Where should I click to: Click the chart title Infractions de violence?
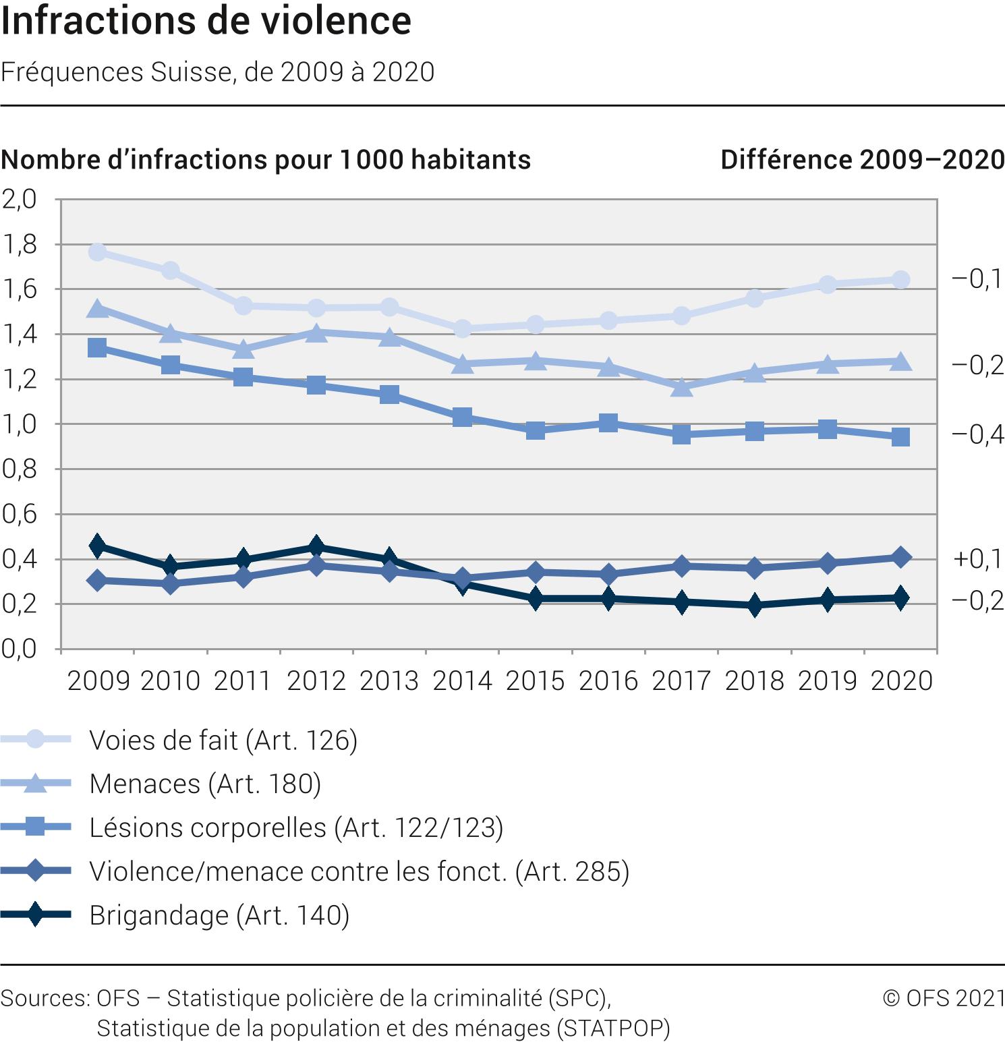point(206,21)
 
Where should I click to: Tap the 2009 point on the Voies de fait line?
point(97,252)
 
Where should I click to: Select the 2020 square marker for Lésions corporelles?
point(900,437)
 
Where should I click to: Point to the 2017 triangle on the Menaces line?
point(682,387)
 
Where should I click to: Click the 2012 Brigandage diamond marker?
point(316,546)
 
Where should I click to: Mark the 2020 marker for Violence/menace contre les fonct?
point(900,557)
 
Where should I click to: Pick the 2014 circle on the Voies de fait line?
point(463,329)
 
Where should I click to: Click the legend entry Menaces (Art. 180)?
point(205,784)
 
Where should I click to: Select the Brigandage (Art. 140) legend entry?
point(219,915)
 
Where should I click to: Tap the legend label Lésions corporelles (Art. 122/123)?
point(296,828)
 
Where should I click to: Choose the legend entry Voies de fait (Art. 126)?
point(223,740)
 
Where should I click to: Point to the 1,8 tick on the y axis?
point(20,244)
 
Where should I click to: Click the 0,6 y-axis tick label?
point(20,514)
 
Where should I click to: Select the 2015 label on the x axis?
point(536,681)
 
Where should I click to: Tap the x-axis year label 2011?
point(243,681)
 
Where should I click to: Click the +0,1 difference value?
point(977,558)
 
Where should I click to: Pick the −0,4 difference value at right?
point(977,434)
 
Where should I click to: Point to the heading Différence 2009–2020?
point(862,160)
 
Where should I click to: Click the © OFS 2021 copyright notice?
point(943,998)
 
